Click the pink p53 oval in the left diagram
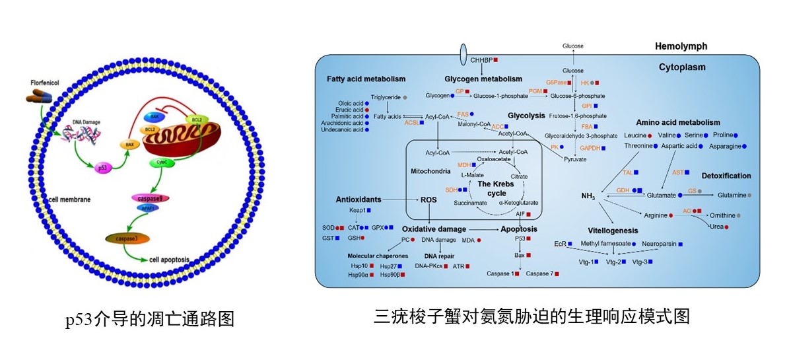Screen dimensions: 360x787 coord(104,169)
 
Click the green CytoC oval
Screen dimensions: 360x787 coord(161,161)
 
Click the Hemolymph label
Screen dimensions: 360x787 coord(681,47)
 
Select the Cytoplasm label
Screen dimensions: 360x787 coord(682,67)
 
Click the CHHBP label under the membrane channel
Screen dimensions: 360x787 coord(483,61)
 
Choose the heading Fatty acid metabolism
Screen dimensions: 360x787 coord(360,79)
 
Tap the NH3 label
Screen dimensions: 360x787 coord(588,196)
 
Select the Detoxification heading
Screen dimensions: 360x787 coord(726,176)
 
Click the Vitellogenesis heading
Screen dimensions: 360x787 coord(613,231)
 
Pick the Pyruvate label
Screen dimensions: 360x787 coord(575,159)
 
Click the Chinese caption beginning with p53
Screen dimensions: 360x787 coord(149,320)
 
